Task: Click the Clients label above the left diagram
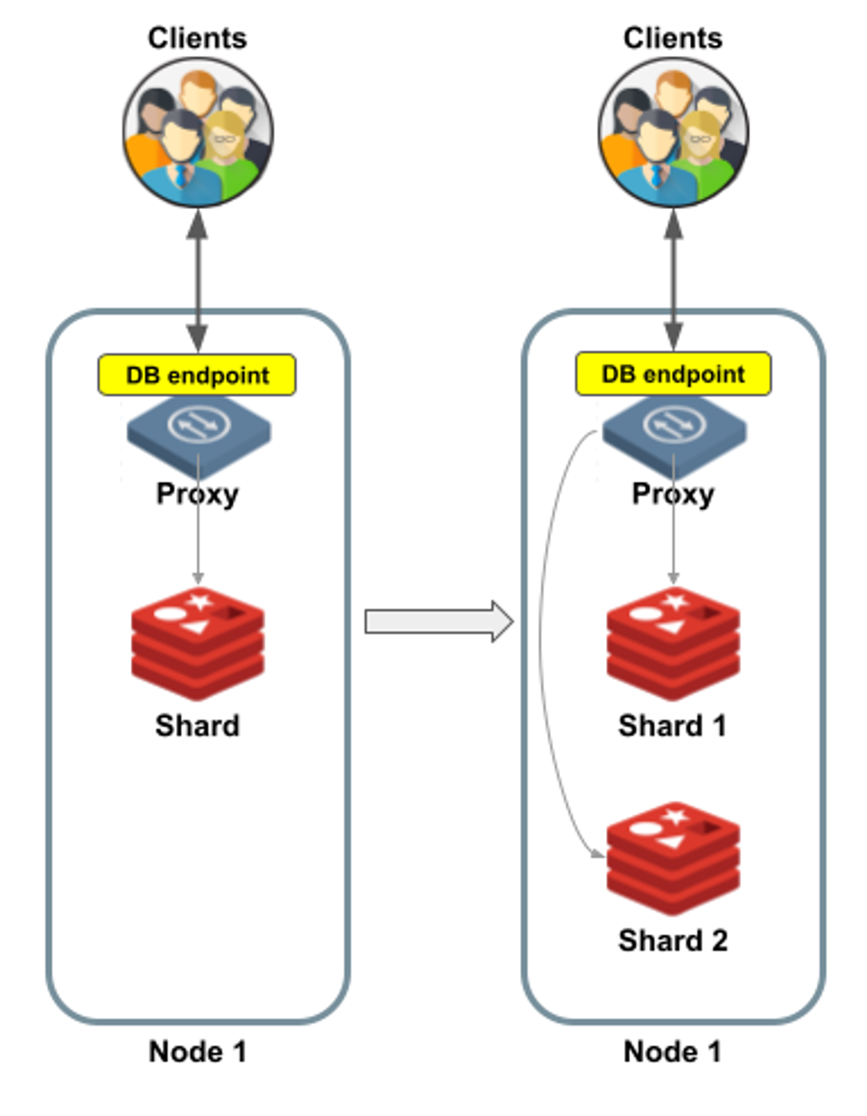click(x=198, y=38)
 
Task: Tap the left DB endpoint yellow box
click(x=197, y=375)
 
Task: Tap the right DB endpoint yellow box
click(x=673, y=373)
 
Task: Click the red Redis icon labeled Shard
click(x=198, y=644)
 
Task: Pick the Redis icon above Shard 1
click(x=673, y=644)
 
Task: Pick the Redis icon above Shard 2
click(x=673, y=858)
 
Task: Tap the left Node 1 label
click(x=198, y=1052)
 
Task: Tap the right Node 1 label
click(x=672, y=1052)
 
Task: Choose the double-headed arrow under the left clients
click(x=197, y=281)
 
